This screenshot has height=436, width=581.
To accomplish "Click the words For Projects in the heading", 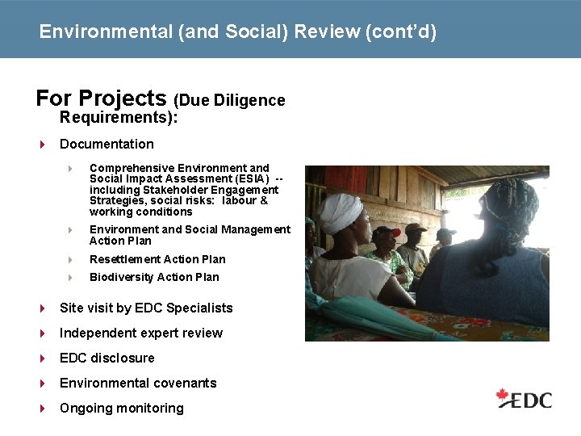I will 101,99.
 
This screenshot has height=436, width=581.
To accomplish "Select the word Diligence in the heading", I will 249,101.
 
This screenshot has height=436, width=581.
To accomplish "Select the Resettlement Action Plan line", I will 157,259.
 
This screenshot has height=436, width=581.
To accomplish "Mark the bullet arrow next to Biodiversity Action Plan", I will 70,278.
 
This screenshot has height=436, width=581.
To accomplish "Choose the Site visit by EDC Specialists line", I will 146,308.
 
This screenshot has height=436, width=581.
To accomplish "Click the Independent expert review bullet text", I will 141,333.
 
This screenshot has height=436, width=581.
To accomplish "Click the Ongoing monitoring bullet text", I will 122,408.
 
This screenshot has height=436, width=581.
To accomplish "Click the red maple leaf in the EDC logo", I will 504,396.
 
